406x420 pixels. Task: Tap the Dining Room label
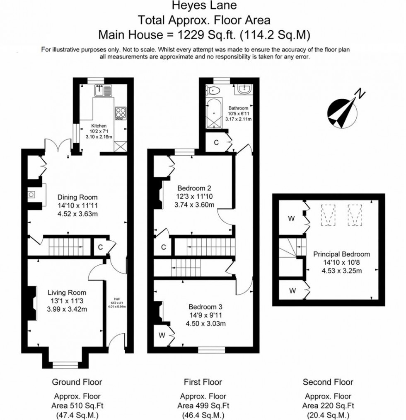pyautogui.click(x=77, y=197)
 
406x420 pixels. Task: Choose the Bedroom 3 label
pyautogui.click(x=205, y=307)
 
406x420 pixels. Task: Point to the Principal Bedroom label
pyautogui.click(x=341, y=254)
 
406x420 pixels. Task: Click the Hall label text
pyautogui.click(x=116, y=298)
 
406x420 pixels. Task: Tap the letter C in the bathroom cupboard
pyautogui.click(x=216, y=143)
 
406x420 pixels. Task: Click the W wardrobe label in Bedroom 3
pyautogui.click(x=162, y=335)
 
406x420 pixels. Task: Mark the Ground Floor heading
pyautogui.click(x=77, y=382)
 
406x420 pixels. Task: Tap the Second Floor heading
pyautogui.click(x=328, y=382)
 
